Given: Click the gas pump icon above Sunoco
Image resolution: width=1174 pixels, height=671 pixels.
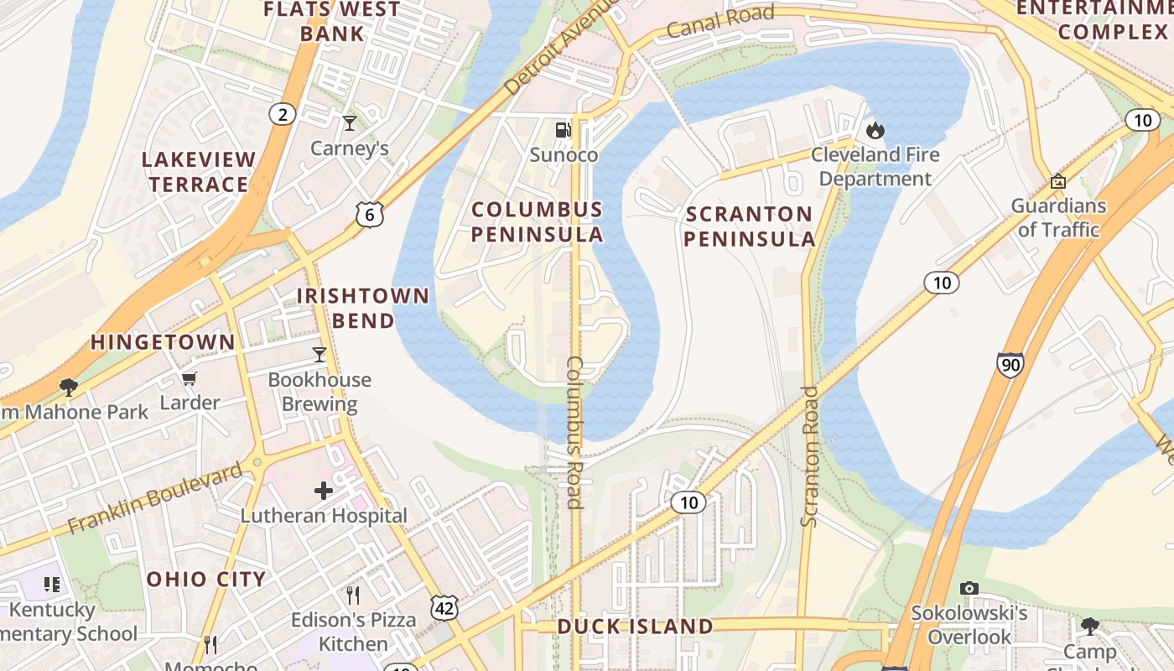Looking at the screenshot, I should coord(564,129).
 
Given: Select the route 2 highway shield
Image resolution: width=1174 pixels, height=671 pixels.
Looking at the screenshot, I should coord(283,114).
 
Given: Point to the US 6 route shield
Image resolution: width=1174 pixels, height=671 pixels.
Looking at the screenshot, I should coord(369,215).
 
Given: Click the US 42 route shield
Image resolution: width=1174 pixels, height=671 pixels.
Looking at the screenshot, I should coord(444,609).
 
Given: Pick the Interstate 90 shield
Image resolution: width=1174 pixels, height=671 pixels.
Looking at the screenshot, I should coord(1010,364).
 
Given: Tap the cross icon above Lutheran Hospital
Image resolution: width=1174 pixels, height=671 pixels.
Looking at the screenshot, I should coord(324,490).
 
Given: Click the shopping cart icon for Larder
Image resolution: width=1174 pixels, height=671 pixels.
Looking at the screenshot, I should coord(190,379).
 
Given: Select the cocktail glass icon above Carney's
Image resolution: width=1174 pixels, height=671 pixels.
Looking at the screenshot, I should coord(350,123).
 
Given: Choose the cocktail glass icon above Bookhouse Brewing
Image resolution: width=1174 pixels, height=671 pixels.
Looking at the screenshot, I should coord(319,355).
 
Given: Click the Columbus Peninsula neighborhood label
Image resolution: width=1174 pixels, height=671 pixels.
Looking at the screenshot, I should coord(537,222).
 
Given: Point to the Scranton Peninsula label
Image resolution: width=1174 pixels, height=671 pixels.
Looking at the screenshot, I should coord(749,226).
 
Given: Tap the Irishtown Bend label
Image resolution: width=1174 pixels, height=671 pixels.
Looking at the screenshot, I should coord(363,308).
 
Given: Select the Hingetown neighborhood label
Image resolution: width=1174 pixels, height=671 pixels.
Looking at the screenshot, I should coord(163,342).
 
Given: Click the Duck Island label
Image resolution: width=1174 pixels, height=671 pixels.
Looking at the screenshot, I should coord(635,627).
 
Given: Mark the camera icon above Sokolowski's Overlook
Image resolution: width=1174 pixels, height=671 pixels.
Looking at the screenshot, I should coord(969,588).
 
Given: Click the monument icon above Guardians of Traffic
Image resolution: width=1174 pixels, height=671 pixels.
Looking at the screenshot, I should coord(1057,181).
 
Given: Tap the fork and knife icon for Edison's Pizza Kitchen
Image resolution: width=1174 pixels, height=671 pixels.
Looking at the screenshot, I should coord(353,596).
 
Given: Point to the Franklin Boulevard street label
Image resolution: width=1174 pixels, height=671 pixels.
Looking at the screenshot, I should coord(154,497).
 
